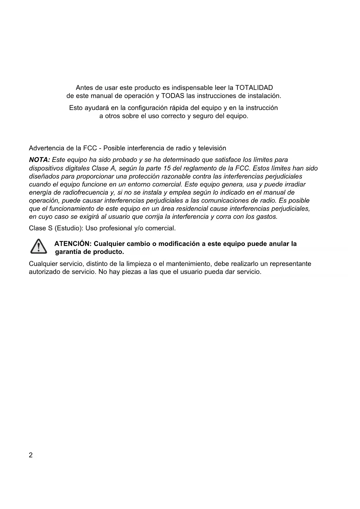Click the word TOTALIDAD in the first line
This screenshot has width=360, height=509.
[x=254, y=88]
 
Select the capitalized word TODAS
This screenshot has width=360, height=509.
[x=173, y=96]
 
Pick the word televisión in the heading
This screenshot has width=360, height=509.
[x=212, y=148]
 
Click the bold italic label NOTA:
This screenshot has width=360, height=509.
[x=39, y=160]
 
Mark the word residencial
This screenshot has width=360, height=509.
[x=192, y=209]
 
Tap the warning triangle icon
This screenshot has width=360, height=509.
[x=39, y=247]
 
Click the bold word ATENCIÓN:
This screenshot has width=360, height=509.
[x=73, y=244]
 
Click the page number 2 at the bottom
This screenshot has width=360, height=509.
[x=31, y=455]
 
